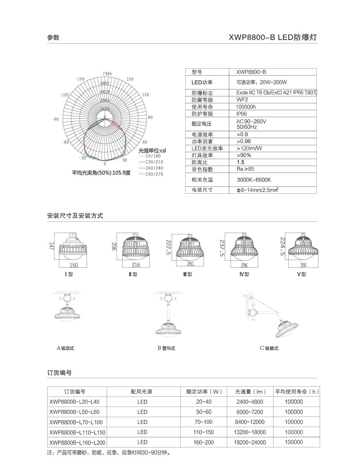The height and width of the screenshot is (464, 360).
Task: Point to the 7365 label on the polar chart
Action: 107,74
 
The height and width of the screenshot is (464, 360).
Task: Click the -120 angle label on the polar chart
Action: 64,95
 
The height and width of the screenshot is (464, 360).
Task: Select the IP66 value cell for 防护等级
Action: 241,114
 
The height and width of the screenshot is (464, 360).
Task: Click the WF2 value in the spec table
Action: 242,100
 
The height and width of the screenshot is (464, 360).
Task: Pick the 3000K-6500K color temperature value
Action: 254,180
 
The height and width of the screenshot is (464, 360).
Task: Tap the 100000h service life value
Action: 246,107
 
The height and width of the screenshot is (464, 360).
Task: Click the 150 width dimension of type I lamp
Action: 73,265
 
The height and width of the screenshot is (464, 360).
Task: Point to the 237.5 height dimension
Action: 222,248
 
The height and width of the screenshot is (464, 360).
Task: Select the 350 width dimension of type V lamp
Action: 303,265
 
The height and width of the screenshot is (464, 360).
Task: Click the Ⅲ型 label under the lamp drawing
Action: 187,274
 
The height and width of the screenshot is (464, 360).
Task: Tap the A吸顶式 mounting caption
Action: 65,348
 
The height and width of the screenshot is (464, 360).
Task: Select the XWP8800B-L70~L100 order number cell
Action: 76,422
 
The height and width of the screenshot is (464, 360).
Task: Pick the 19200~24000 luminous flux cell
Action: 250,442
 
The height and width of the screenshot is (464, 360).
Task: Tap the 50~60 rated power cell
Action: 203,412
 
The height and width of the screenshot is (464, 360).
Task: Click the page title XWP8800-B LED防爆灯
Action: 273,37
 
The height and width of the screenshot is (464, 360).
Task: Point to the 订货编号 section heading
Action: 59,373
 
